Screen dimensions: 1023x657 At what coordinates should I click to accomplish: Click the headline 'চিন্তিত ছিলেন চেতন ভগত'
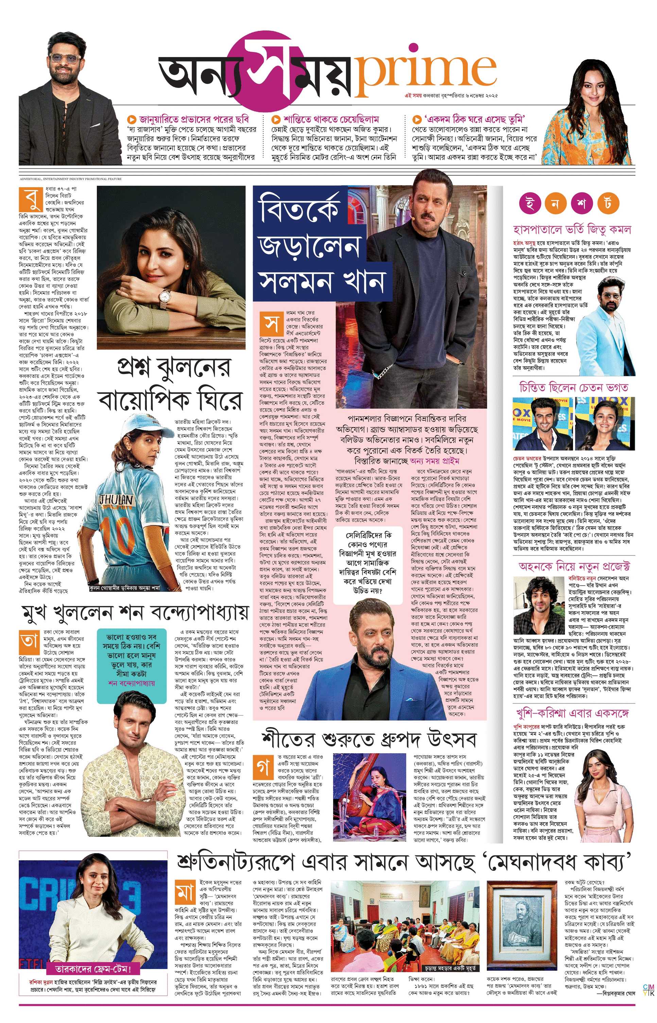[573, 387]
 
